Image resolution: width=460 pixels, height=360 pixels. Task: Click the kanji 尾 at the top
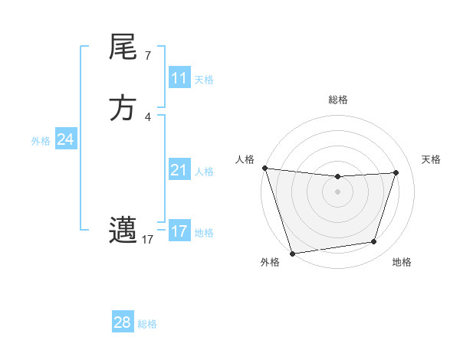point(123,49)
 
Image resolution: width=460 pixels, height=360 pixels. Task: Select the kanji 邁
point(123,230)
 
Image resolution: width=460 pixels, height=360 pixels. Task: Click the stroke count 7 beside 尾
point(147,56)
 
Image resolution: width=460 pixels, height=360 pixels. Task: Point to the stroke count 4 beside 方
point(147,116)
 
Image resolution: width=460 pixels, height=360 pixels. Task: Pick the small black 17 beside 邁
point(147,240)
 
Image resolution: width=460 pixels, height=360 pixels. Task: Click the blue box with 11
point(179,78)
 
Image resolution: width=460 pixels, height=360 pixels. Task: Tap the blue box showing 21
point(179,170)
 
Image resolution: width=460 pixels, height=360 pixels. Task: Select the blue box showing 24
point(66,139)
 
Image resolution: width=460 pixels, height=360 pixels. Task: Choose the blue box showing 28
point(123,322)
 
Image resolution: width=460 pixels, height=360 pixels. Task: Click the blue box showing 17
point(179,231)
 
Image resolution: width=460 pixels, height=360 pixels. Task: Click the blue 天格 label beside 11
point(204,79)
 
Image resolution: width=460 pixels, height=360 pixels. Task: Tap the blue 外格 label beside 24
point(41,140)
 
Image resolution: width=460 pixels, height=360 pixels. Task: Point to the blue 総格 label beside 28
point(147,324)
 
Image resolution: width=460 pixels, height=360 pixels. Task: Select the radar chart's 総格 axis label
point(338,100)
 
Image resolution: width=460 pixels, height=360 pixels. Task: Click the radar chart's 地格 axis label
point(402,263)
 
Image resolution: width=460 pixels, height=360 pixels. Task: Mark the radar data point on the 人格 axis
point(264,168)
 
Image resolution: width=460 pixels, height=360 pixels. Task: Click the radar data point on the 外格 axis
point(292,253)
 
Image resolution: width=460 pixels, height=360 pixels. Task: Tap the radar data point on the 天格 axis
point(396,172)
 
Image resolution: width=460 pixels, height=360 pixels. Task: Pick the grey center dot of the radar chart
point(338,191)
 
